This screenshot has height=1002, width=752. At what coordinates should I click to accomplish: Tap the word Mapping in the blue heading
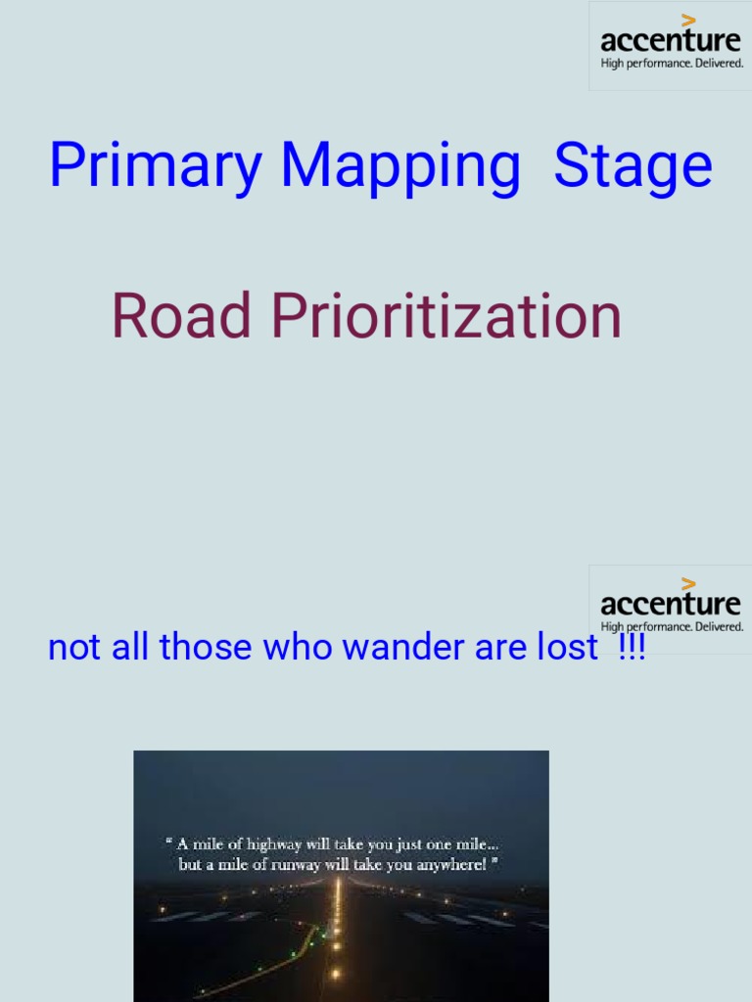coord(400,166)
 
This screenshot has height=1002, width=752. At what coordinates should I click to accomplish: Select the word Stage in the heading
coord(633,166)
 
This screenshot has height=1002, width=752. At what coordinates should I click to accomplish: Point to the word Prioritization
coord(446,317)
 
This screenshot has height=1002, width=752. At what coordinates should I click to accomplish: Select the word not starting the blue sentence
coord(70,647)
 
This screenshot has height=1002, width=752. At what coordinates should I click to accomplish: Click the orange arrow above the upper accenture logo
coord(689,19)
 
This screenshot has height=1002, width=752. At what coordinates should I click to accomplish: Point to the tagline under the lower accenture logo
coord(672,626)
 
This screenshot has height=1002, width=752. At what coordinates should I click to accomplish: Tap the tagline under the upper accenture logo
coord(672,64)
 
